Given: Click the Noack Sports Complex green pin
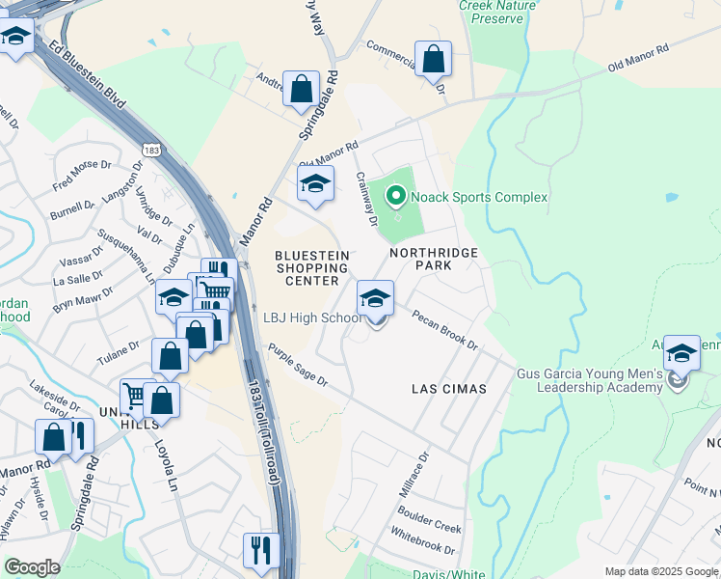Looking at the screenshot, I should click(x=395, y=197).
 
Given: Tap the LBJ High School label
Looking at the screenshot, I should click(x=312, y=318).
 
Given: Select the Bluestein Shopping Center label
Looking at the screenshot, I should click(x=311, y=267).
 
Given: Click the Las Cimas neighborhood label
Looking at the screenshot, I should click(x=448, y=388).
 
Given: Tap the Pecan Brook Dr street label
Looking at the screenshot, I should click(x=444, y=329).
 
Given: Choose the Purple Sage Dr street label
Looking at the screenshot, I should click(x=299, y=366).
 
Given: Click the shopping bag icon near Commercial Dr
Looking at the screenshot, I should click(x=434, y=58).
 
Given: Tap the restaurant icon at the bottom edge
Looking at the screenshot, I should click(x=260, y=550).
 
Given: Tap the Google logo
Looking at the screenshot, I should click(x=32, y=567).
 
